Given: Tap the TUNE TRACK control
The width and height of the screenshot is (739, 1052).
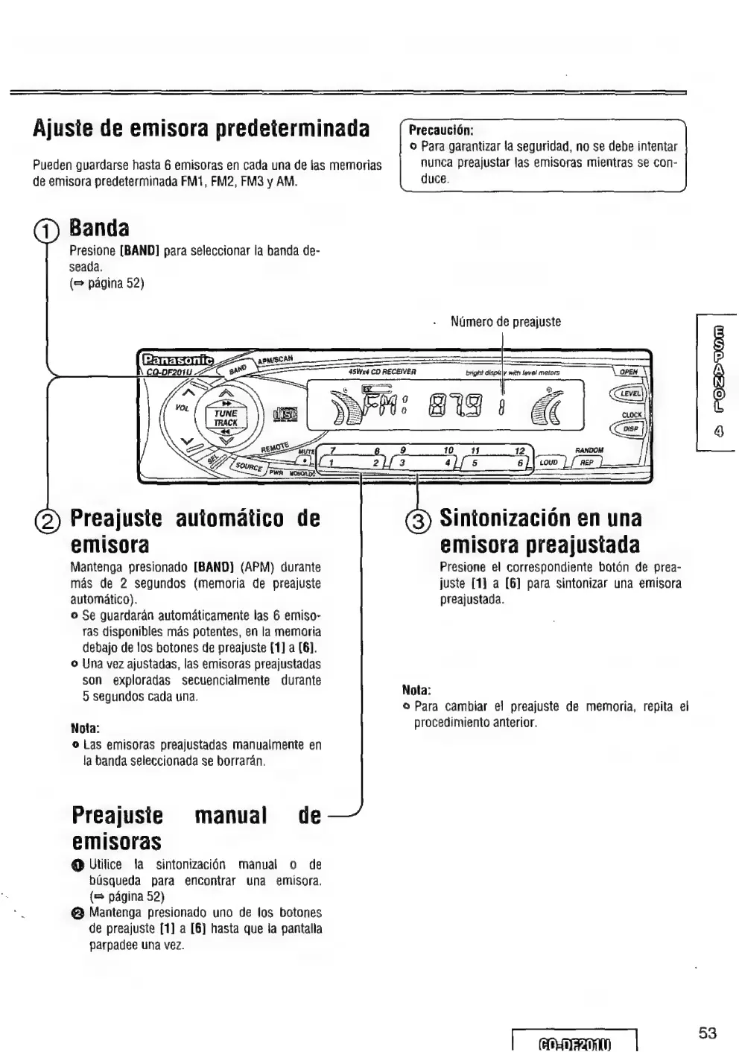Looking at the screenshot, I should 225,417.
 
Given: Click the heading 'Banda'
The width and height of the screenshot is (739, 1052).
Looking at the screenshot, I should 99,226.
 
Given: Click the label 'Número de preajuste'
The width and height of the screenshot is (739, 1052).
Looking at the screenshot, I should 505,322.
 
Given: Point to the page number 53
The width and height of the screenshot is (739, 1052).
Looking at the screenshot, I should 708,1033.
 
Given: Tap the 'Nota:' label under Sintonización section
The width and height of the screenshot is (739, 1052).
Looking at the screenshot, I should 416,689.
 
